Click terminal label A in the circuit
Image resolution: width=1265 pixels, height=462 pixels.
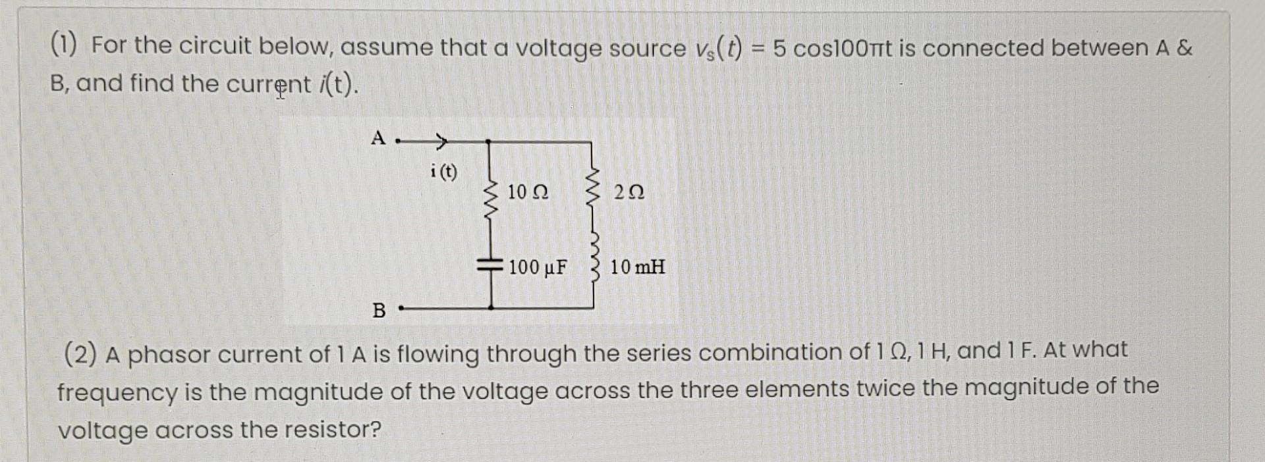(378, 138)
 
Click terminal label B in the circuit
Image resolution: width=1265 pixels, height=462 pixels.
(379, 310)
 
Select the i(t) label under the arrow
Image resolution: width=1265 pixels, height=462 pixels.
(443, 172)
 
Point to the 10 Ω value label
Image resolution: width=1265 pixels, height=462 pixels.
(528, 193)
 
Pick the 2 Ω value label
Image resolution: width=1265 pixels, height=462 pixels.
(629, 193)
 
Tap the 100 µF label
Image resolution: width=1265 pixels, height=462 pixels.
(538, 267)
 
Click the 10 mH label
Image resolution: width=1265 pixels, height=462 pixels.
(637, 267)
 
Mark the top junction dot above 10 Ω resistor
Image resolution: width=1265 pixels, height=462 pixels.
(488, 141)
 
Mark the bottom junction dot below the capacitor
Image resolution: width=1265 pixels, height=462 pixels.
(491, 307)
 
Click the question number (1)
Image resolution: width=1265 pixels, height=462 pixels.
(64, 45)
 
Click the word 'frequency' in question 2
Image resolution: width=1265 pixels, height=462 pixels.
(117, 393)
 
